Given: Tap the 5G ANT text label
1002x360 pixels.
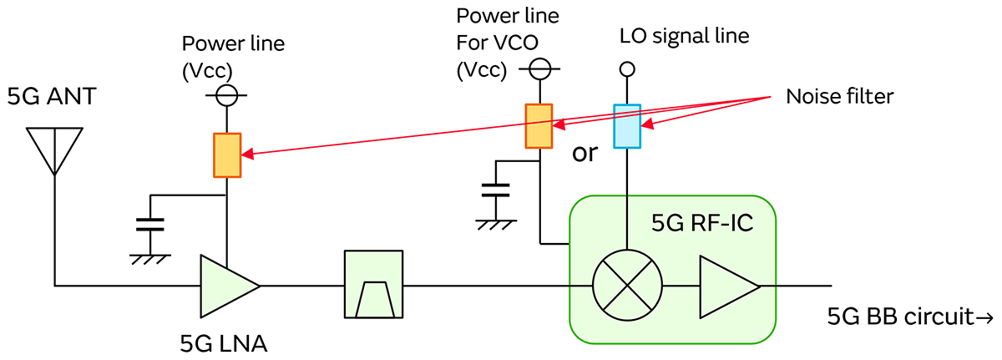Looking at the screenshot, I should click(x=52, y=99).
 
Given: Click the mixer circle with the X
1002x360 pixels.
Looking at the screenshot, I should click(x=626, y=286).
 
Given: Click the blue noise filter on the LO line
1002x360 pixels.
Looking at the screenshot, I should click(x=626, y=126).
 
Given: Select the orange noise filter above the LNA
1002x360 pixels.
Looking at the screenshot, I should click(x=227, y=155).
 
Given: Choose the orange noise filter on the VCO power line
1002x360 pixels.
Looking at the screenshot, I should click(x=539, y=126).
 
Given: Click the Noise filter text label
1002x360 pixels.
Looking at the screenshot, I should click(x=839, y=97).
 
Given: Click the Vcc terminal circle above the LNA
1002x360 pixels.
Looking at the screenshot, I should click(x=227, y=97).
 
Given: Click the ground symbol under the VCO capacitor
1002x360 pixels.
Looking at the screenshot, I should click(x=497, y=223).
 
